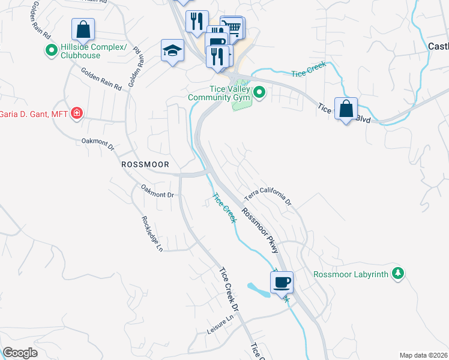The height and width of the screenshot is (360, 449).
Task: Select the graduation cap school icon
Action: (172, 50)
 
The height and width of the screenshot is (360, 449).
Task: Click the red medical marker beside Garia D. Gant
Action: (76, 113)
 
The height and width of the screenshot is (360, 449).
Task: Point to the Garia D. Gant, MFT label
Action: (33, 113)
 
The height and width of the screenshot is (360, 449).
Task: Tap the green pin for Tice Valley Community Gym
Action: (259, 92)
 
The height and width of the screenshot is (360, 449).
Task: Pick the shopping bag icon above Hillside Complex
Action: (83, 29)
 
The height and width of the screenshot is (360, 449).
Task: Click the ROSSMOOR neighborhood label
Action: (145, 164)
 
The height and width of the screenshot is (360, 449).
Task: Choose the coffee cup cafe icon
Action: (282, 281)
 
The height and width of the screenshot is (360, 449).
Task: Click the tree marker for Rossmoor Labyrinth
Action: (396, 274)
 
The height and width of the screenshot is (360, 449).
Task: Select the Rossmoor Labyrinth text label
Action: (351, 274)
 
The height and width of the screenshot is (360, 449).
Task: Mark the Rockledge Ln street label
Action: (152, 233)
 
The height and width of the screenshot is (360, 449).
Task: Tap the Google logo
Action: (20, 353)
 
